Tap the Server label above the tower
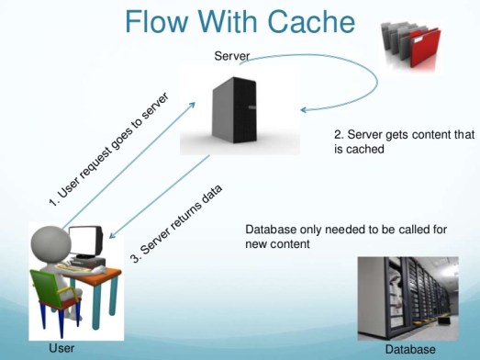coord(232,57)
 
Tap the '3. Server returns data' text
coord(179,222)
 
